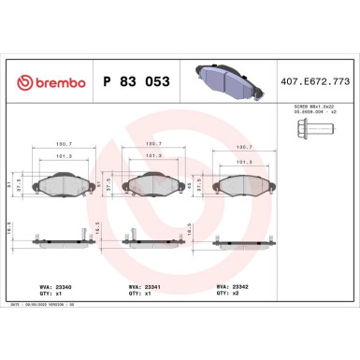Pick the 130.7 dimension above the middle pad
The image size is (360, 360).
click(x=150, y=143)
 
